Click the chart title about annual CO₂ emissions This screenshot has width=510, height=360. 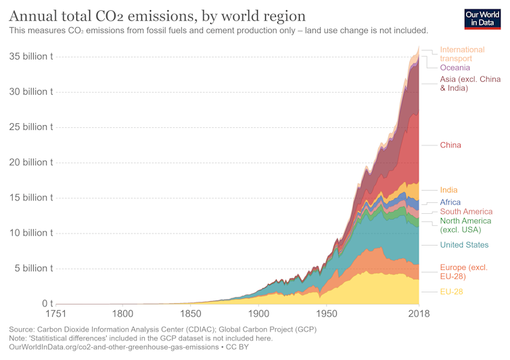157,16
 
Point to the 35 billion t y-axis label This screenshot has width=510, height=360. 32,57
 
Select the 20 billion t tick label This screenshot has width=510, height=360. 32,162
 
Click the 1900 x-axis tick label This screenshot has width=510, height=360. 258,314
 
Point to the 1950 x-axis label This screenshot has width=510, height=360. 327,314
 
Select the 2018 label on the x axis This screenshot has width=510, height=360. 419,314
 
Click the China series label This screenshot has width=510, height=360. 450,145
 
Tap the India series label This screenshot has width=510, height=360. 448,190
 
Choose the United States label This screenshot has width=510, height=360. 464,245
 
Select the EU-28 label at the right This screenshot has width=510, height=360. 452,292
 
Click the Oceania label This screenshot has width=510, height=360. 455,68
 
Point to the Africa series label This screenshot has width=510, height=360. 450,202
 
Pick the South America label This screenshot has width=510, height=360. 466,212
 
